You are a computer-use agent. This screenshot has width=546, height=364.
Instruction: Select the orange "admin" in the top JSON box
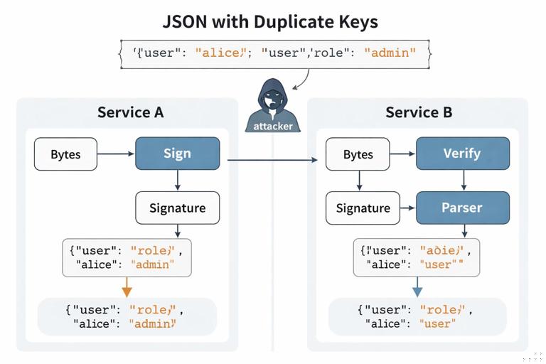pyautogui.click(x=390, y=53)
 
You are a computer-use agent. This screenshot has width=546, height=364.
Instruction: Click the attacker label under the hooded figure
pyautogui.click(x=273, y=126)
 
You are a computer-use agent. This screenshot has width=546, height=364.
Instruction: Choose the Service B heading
pyautogui.click(x=419, y=112)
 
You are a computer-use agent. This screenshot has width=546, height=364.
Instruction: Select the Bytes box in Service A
pyautogui.click(x=65, y=154)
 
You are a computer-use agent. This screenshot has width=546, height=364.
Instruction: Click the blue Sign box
pyautogui.click(x=177, y=154)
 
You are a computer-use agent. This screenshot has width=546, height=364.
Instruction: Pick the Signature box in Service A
pyautogui.click(x=177, y=208)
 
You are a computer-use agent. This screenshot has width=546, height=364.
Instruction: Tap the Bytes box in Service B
pyautogui.click(x=358, y=154)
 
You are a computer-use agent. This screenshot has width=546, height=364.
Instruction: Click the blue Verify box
pyautogui.click(x=462, y=154)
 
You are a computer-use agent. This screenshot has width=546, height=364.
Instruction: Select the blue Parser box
pyautogui.click(x=462, y=208)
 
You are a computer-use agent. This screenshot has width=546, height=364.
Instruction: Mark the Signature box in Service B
pyautogui.click(x=363, y=208)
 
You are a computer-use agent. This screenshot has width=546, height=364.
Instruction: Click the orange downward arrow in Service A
pyautogui.click(x=127, y=287)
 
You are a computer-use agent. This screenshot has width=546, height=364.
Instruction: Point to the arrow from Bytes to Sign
pyautogui.click(x=116, y=154)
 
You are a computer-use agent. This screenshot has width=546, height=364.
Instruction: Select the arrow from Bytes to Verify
pyautogui.click(x=402, y=154)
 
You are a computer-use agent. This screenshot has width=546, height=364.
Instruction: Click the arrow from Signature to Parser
pyautogui.click(x=407, y=208)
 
